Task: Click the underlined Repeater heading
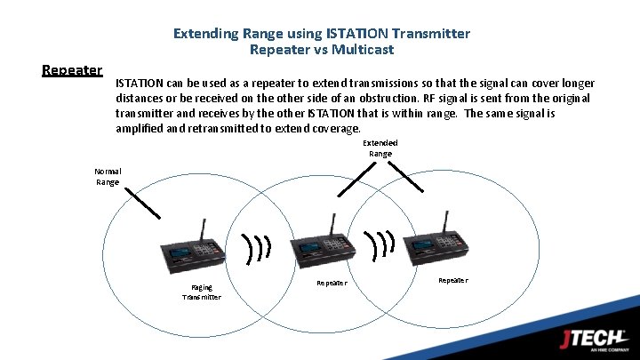(72, 70)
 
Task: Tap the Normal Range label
(108, 177)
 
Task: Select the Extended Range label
(380, 148)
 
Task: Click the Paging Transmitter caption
(202, 292)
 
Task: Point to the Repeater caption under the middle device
(332, 283)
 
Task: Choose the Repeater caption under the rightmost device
(452, 280)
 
